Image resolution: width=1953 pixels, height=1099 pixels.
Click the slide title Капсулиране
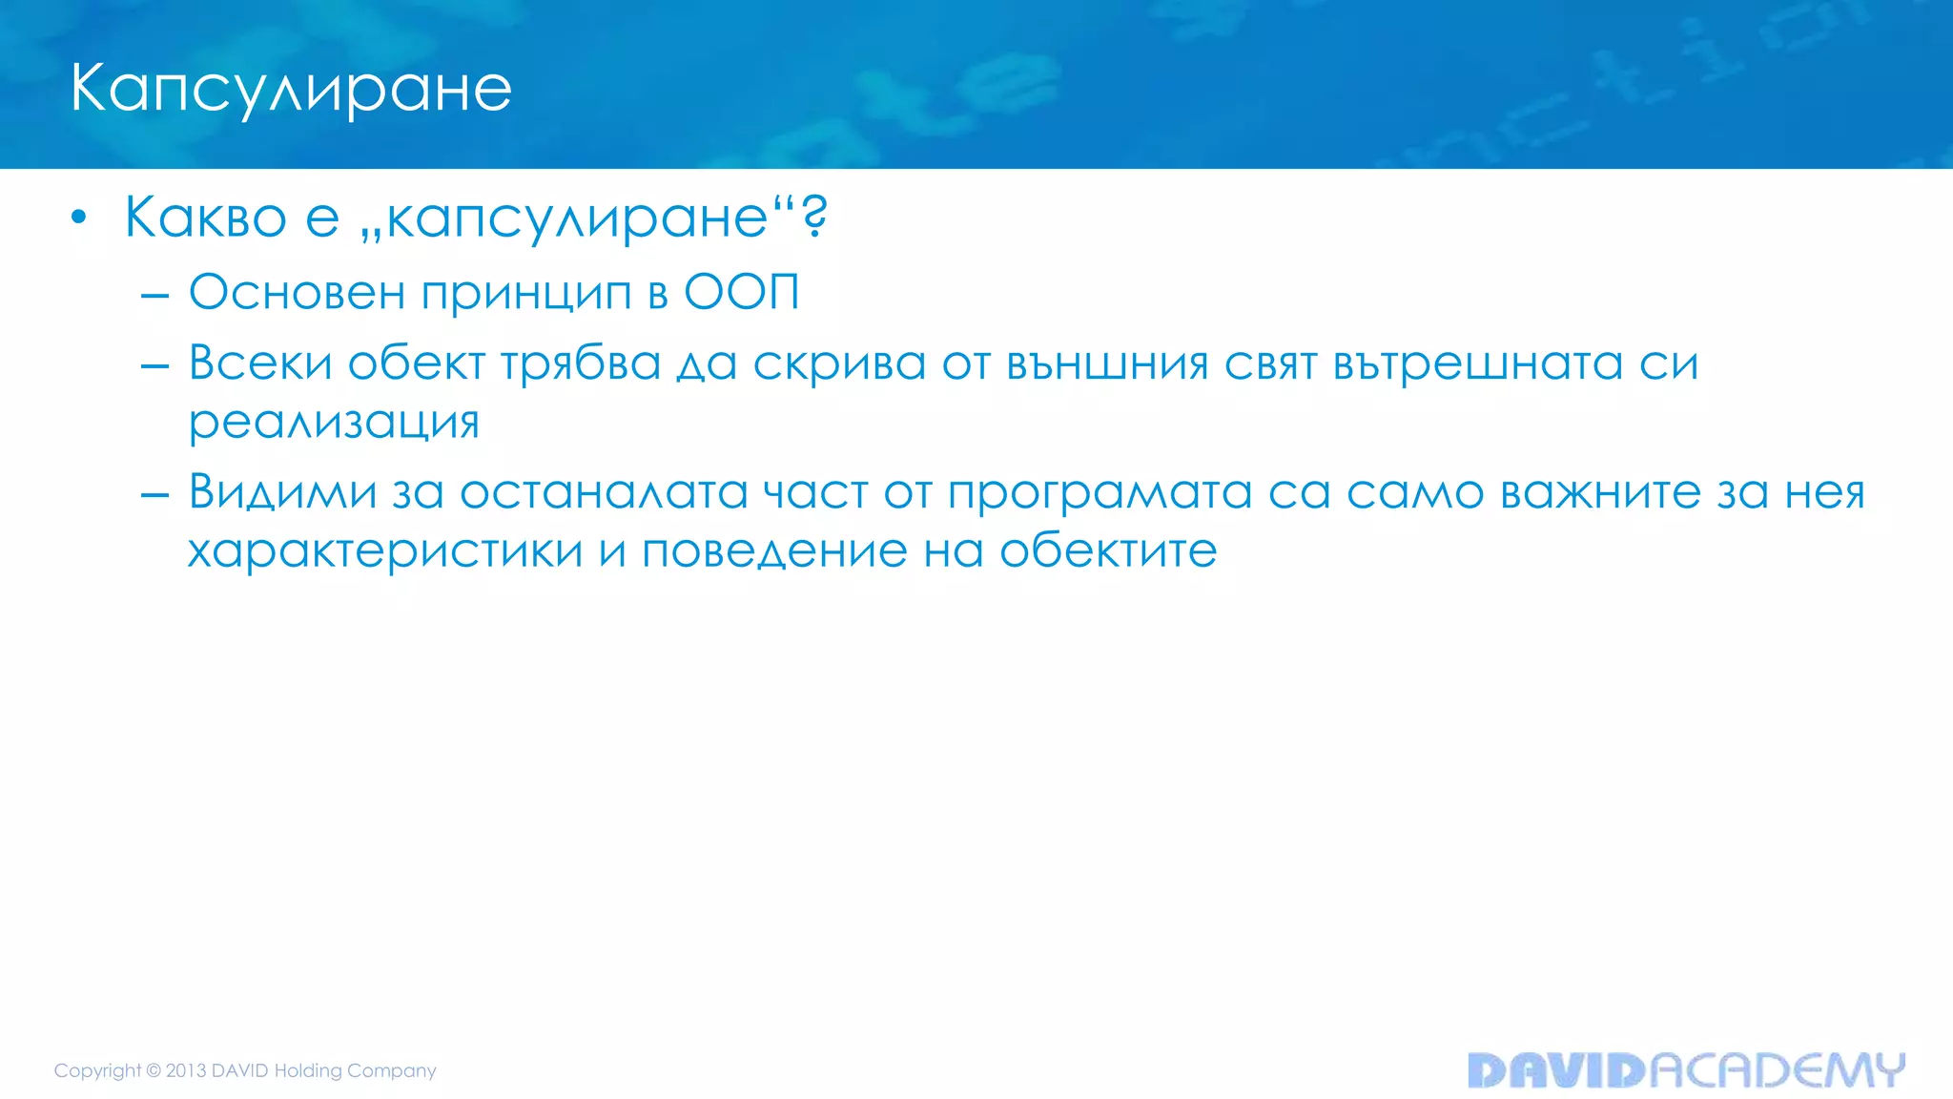[x=291, y=89]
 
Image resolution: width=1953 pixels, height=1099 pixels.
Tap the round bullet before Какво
[x=79, y=218]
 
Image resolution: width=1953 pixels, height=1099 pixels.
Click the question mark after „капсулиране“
[x=814, y=217]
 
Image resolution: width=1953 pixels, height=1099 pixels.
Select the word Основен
[x=297, y=292]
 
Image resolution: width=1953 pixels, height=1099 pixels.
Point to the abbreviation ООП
[x=742, y=292]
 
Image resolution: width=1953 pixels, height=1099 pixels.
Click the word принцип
[x=525, y=294]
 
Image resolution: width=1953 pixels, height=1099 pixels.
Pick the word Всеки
[x=260, y=363]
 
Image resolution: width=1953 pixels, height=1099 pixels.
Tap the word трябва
[x=581, y=364]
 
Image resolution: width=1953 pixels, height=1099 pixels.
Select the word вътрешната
[x=1477, y=364]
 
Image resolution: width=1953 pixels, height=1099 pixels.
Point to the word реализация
[x=334, y=423]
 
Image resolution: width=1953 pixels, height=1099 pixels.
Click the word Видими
[x=282, y=492]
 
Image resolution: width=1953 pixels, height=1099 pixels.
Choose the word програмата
[x=1099, y=494]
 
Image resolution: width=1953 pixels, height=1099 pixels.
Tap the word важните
[x=1601, y=492]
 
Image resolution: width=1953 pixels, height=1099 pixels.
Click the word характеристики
[x=385, y=551]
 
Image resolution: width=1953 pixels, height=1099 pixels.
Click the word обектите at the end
[x=1108, y=550]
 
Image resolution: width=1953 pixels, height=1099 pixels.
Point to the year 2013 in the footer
[x=186, y=1070]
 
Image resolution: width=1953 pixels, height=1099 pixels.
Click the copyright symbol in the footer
[x=154, y=1070]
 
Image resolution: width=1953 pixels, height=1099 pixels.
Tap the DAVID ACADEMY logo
[x=1685, y=1070]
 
